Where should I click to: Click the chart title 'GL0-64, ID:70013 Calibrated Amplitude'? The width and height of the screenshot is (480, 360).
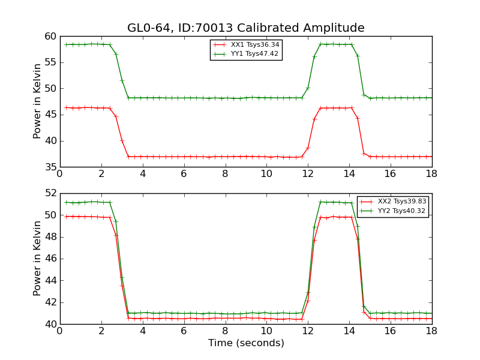(245, 28)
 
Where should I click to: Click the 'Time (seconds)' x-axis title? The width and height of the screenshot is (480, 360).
(246, 343)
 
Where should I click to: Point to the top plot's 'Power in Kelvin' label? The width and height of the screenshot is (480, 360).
(38, 101)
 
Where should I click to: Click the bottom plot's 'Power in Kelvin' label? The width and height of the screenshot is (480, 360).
(38, 258)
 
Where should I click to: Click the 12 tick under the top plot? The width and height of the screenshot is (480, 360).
(308, 174)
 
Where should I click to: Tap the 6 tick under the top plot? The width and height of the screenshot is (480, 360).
(184, 174)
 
